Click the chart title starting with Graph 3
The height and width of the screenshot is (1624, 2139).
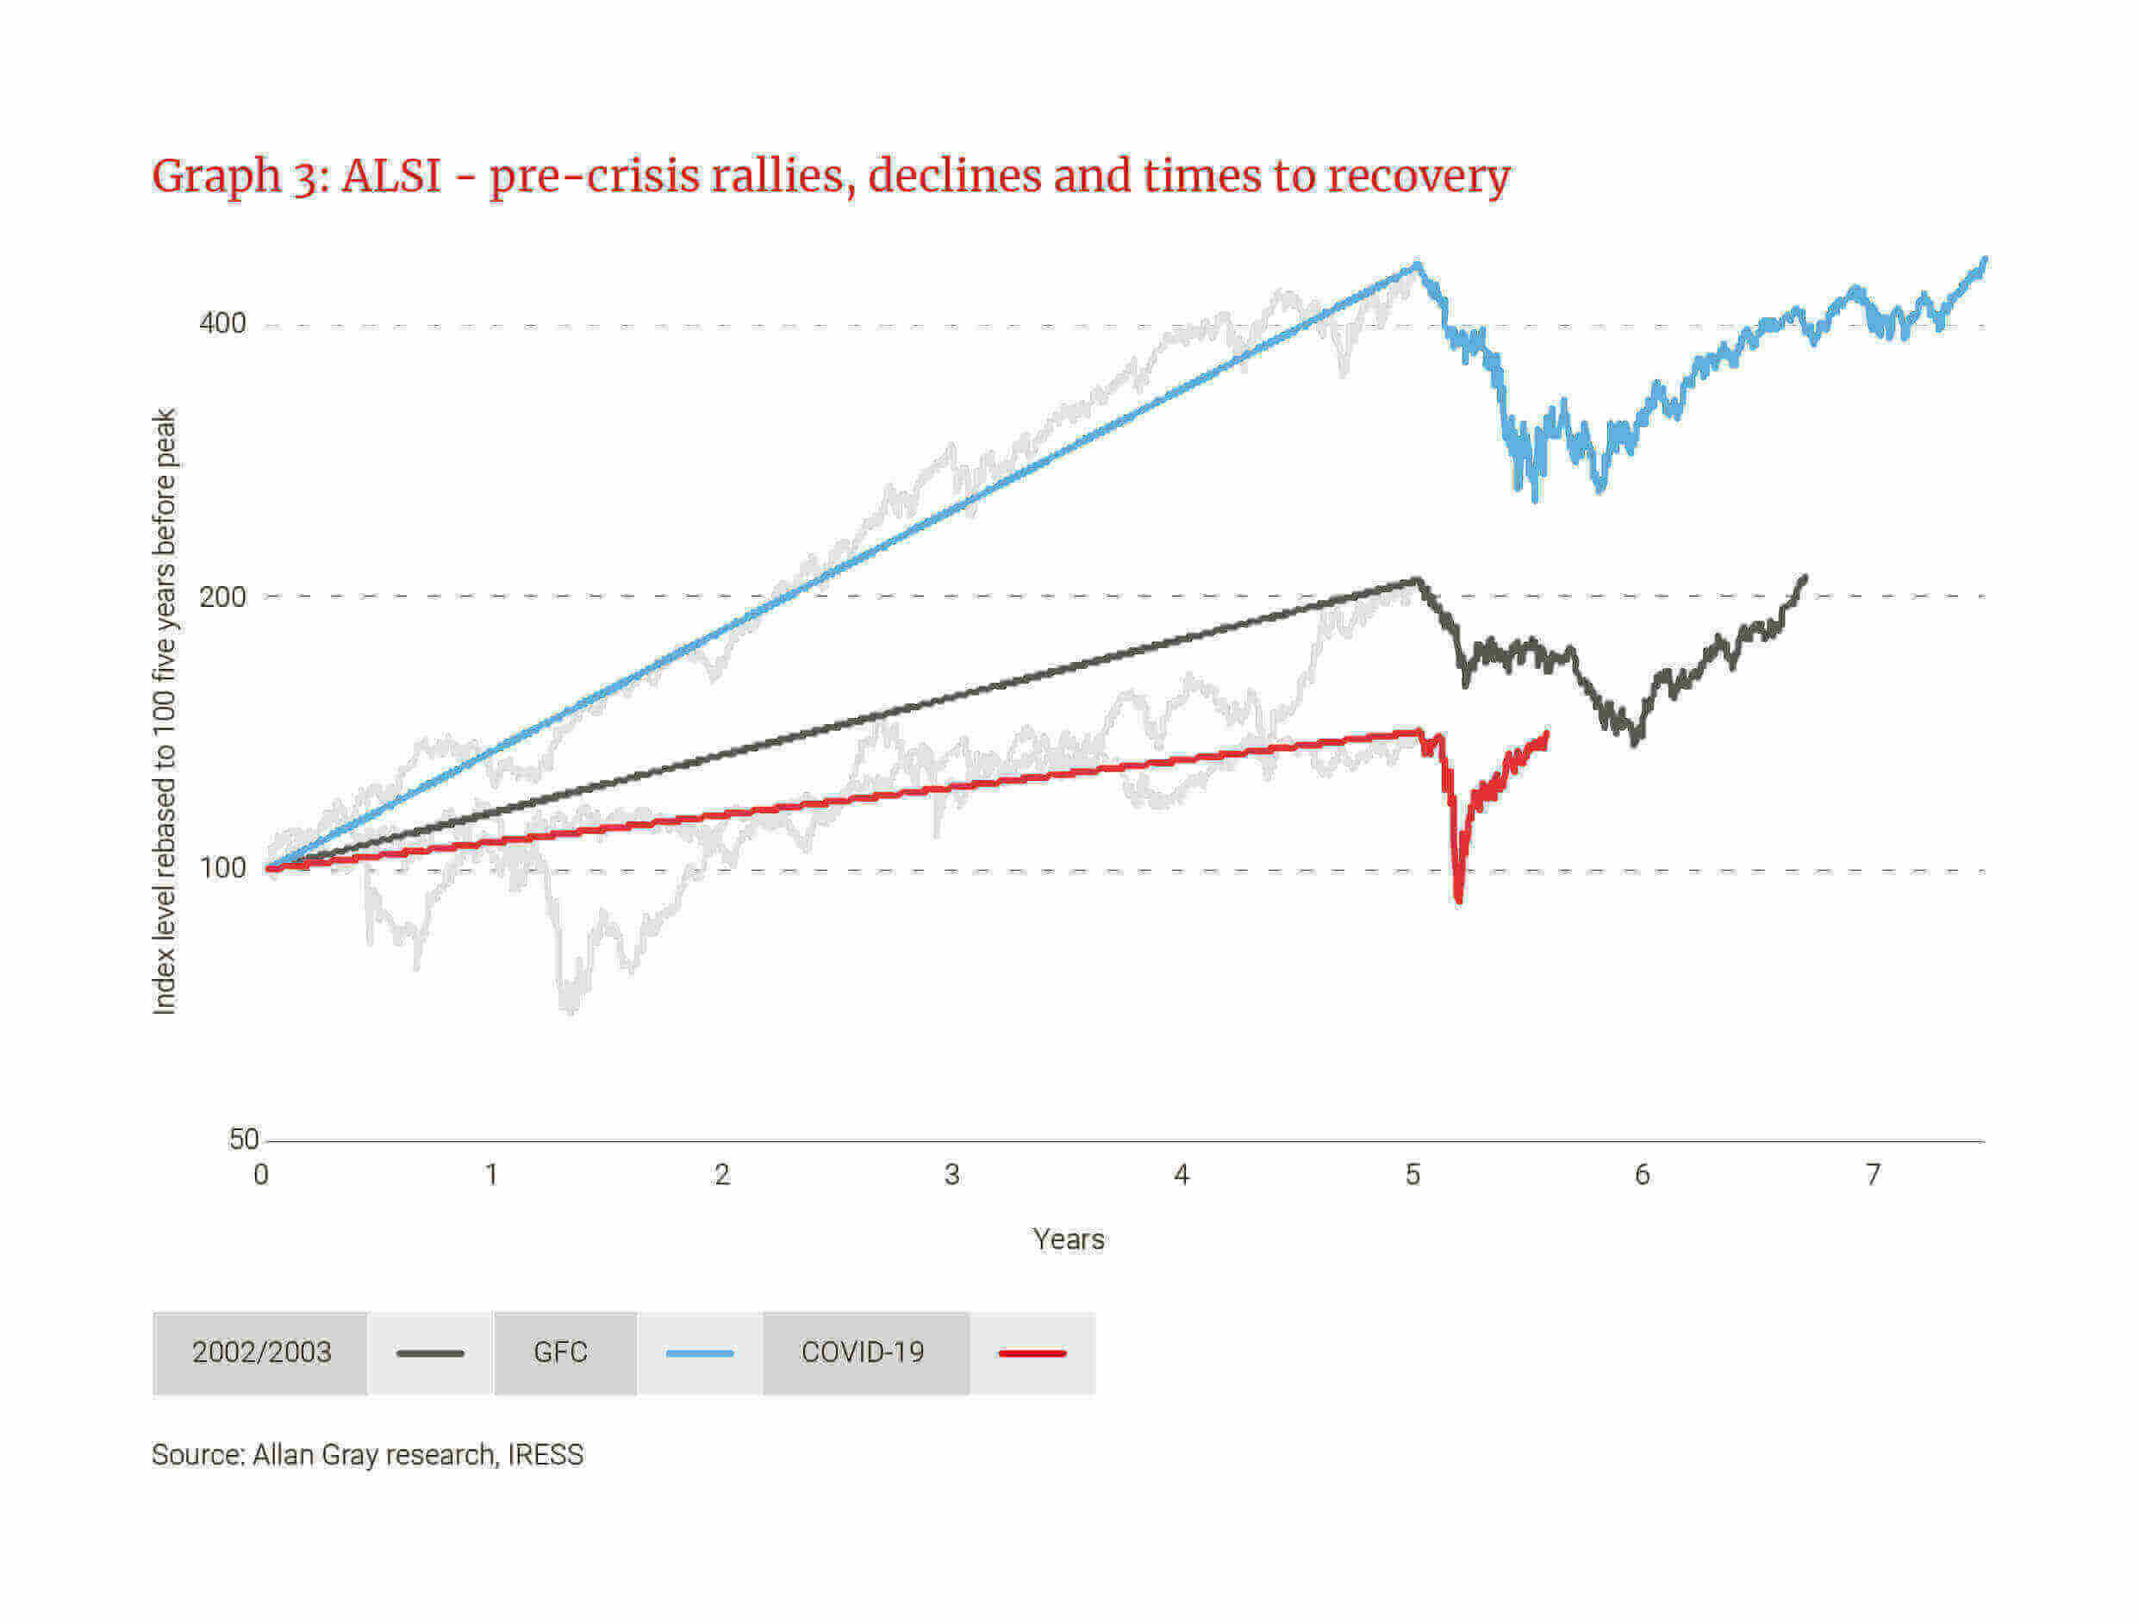(x=830, y=176)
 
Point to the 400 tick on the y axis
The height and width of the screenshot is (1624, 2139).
(x=222, y=323)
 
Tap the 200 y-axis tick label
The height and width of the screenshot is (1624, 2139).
(x=222, y=596)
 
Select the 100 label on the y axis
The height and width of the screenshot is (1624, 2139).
(x=222, y=868)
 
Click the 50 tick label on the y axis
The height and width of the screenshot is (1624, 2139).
(x=243, y=1140)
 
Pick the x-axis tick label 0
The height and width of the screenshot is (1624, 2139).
(x=261, y=1174)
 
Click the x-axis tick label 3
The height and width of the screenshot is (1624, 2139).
(x=951, y=1174)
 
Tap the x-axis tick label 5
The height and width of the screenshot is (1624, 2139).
(x=1412, y=1174)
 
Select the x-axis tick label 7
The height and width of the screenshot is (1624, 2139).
(x=1873, y=1174)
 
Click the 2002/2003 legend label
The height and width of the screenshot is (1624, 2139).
(x=261, y=1352)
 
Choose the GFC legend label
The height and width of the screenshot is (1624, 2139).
(x=561, y=1352)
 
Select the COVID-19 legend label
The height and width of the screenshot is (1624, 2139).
(x=863, y=1352)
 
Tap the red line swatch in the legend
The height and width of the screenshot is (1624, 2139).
(x=1032, y=1353)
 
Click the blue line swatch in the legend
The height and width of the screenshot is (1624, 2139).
(x=699, y=1353)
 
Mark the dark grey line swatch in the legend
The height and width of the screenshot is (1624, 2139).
(x=430, y=1353)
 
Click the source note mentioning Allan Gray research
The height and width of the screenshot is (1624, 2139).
(x=367, y=1455)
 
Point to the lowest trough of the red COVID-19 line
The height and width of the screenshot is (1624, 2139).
(x=1458, y=900)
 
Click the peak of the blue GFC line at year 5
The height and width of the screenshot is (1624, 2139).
(x=1417, y=263)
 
